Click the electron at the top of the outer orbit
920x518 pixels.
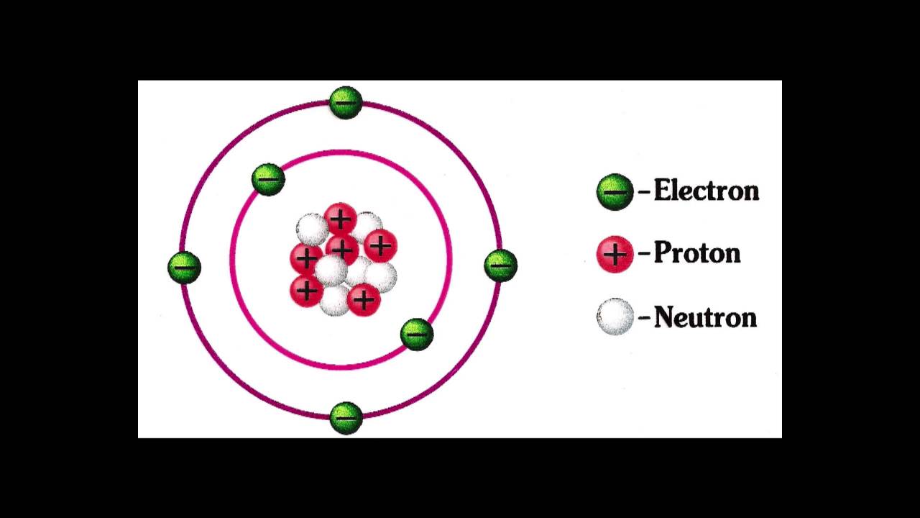pyautogui.click(x=346, y=103)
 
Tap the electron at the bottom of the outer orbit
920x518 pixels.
pyautogui.click(x=346, y=417)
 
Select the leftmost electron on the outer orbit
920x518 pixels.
pyautogui.click(x=184, y=267)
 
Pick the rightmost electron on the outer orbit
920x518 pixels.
pyautogui.click(x=500, y=265)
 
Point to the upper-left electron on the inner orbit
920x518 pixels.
pyautogui.click(x=268, y=179)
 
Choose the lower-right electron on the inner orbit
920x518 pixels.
pyautogui.click(x=417, y=335)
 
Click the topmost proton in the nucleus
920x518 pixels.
pyautogui.click(x=340, y=219)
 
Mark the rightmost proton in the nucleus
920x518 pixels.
pyautogui.click(x=380, y=246)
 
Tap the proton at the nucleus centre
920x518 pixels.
pyautogui.click(x=342, y=249)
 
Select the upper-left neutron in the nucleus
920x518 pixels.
pyautogui.click(x=312, y=229)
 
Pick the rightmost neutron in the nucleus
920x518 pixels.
pyautogui.click(x=382, y=276)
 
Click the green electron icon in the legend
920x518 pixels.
pyautogui.click(x=615, y=192)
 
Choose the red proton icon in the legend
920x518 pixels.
pyautogui.click(x=615, y=255)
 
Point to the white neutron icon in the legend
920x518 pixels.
pyautogui.click(x=615, y=317)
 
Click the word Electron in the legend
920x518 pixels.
pyautogui.click(x=706, y=191)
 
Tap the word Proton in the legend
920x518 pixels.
pyautogui.click(x=696, y=253)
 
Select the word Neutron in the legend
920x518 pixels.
pyautogui.click(x=705, y=317)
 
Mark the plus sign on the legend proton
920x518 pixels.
pyautogui.click(x=615, y=255)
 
